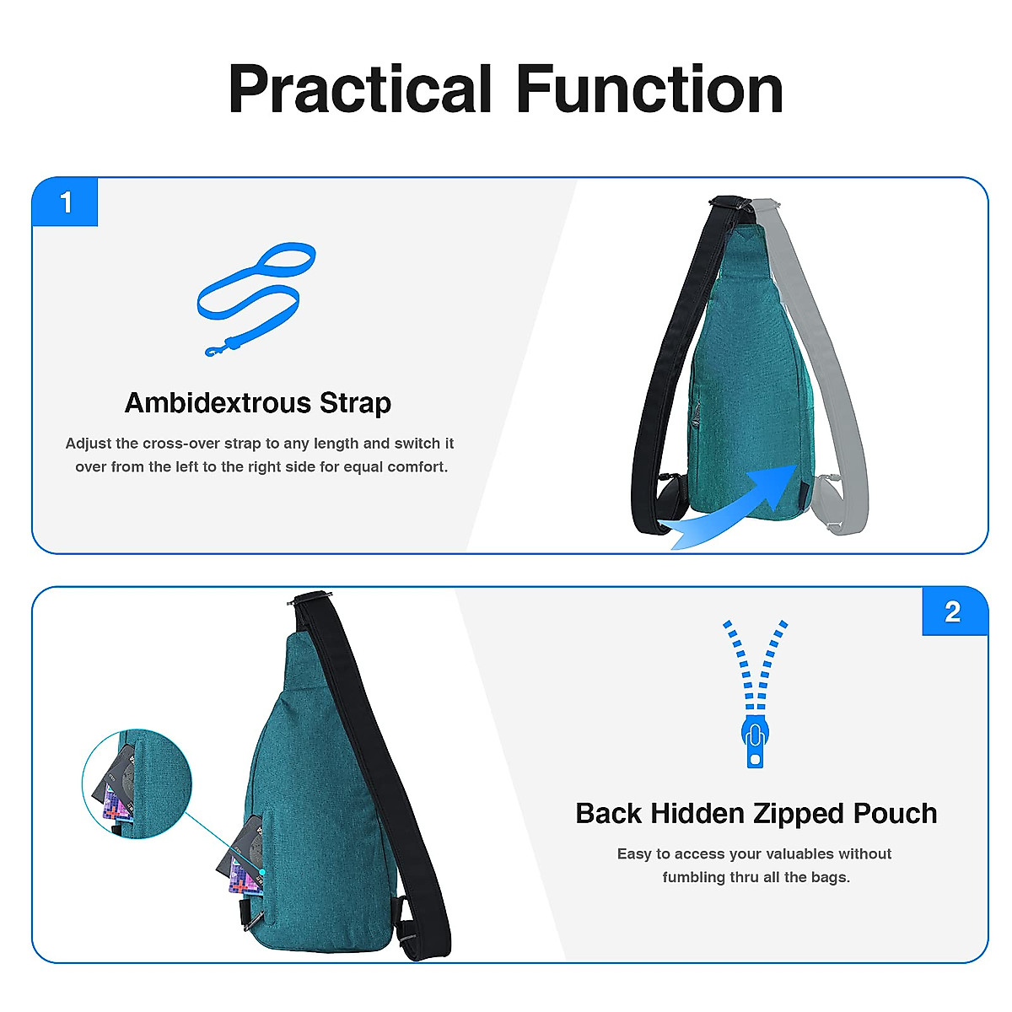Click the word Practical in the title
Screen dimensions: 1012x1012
(x=360, y=90)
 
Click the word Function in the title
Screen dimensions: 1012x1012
(x=649, y=90)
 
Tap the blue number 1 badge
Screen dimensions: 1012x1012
(x=66, y=202)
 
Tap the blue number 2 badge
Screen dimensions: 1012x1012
(x=953, y=611)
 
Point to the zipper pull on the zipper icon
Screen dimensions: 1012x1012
(x=755, y=742)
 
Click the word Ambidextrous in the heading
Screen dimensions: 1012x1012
(x=218, y=403)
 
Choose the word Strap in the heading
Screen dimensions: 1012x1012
(x=355, y=403)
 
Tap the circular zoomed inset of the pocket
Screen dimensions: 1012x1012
(x=137, y=784)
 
